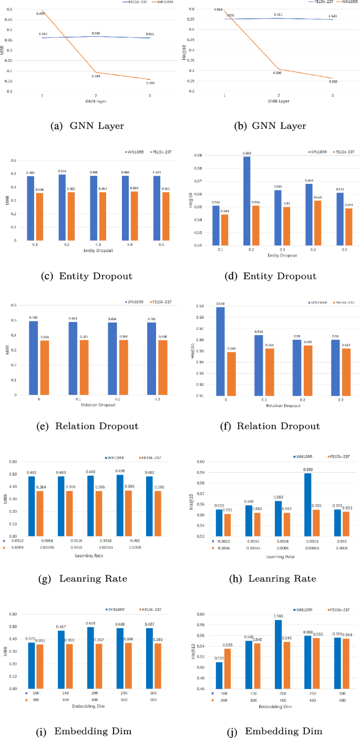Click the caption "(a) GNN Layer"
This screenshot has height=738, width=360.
(x=87, y=126)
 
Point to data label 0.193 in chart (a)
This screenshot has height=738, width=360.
(x=96, y=76)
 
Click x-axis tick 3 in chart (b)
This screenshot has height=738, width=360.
(x=332, y=96)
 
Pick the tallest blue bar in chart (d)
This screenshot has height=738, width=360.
(x=247, y=201)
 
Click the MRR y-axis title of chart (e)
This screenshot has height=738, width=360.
(x=7, y=350)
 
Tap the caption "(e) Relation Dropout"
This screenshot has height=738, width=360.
(x=87, y=426)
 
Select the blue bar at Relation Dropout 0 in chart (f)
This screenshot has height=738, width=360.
(x=220, y=351)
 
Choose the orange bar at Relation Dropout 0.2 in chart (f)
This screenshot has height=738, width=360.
(x=307, y=370)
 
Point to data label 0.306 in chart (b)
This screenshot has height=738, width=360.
(x=276, y=74)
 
